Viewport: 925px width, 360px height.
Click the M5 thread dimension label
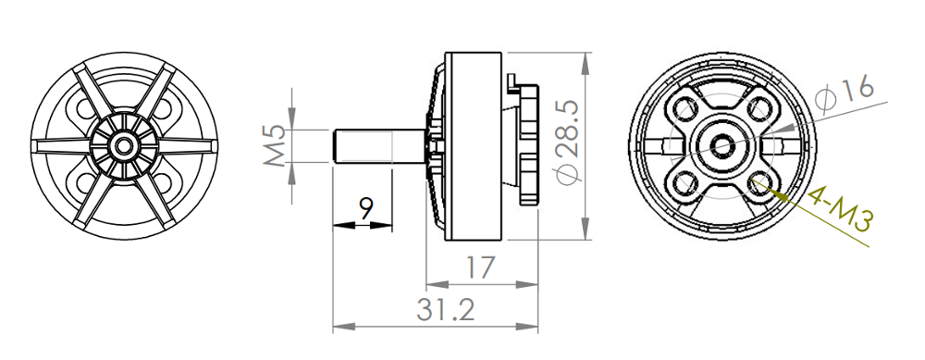(274, 146)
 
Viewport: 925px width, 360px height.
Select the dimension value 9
(366, 208)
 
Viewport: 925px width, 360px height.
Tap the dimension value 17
(479, 268)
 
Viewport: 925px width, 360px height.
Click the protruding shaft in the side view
(375, 148)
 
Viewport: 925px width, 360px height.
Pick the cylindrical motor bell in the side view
(474, 146)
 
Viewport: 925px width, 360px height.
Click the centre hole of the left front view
(121, 145)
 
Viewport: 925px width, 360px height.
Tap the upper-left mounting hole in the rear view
(686, 110)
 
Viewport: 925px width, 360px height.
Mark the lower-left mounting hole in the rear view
(686, 180)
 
